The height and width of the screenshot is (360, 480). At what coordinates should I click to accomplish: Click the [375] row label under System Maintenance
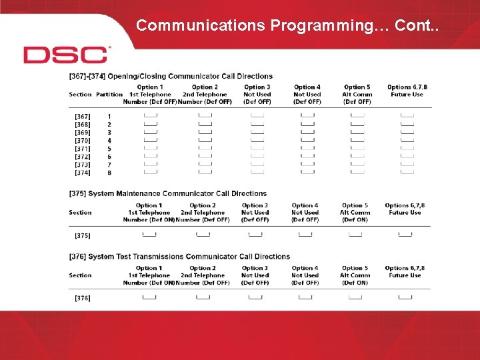[83, 235]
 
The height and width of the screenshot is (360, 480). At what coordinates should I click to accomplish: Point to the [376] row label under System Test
[83, 298]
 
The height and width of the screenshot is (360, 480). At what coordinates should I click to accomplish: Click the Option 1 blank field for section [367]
[151, 116]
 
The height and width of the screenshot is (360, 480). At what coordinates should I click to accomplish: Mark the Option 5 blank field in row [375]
[355, 234]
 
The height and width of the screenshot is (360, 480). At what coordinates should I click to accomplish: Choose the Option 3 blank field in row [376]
[255, 297]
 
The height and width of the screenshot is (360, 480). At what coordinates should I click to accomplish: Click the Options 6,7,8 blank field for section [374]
[407, 172]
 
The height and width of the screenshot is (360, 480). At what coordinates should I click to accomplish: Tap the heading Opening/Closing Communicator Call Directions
[171, 77]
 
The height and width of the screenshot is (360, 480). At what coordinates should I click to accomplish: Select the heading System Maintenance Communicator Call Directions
[167, 193]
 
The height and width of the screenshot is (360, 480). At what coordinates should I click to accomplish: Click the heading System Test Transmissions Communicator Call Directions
[179, 257]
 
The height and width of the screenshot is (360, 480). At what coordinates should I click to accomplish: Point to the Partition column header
[109, 95]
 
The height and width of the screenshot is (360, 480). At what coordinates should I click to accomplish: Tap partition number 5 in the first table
[109, 149]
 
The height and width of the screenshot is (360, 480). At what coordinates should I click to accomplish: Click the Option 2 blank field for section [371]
[205, 148]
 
